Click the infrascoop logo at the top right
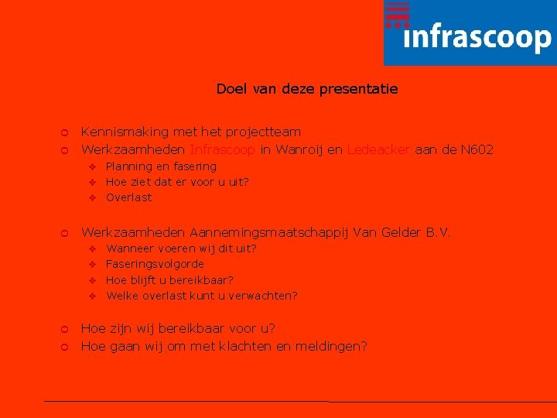pos(470,33)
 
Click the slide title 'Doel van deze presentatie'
pos(307,89)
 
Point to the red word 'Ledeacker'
pos(379,149)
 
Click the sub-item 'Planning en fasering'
pos(161,166)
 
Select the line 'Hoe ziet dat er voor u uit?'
pos(177,182)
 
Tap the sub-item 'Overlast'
pos(129,197)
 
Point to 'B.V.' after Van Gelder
pos(438,232)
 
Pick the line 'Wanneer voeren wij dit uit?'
pos(181,248)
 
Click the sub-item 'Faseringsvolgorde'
pos(155,264)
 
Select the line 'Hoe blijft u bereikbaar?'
pos(169,279)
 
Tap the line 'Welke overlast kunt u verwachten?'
pos(202,295)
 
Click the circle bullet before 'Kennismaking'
pos(65,133)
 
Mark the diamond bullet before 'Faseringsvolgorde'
pos(91,265)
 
